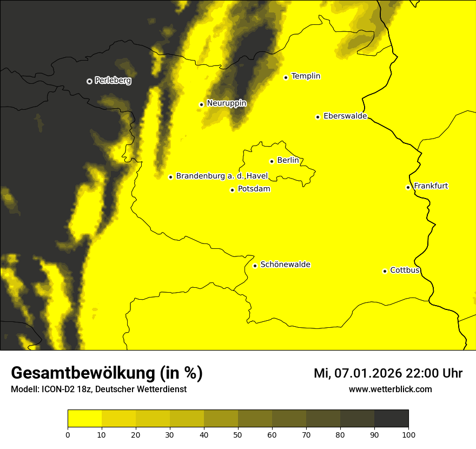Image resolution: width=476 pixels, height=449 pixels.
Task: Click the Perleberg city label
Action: coord(113,81)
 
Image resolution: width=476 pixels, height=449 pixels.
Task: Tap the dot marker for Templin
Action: coord(286,77)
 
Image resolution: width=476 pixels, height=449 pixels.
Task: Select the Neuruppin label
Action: coord(226,103)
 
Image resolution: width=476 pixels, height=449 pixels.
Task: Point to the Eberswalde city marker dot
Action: coord(318,117)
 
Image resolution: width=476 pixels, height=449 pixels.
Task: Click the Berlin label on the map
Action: coord(288,161)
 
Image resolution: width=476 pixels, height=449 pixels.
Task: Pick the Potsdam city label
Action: coord(254,189)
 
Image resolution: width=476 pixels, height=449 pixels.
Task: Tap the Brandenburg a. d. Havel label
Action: coord(222,176)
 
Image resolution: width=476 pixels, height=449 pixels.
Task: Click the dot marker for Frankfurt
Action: coord(408,187)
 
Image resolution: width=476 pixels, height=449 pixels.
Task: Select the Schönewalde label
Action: coord(285,265)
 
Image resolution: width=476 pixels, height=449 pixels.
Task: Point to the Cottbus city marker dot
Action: coord(385,271)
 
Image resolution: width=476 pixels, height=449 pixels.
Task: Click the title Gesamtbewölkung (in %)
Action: coord(107,373)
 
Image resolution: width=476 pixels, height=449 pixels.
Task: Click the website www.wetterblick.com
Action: coord(390,389)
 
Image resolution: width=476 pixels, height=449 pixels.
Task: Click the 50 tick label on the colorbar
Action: coord(238,434)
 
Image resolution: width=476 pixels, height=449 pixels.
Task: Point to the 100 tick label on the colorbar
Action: coord(408,434)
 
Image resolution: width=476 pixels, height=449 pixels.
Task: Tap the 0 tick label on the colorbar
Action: coord(68,434)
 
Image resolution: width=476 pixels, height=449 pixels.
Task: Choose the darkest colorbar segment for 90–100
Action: coord(391,419)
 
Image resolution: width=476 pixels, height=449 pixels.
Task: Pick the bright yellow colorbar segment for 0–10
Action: coord(84,419)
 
